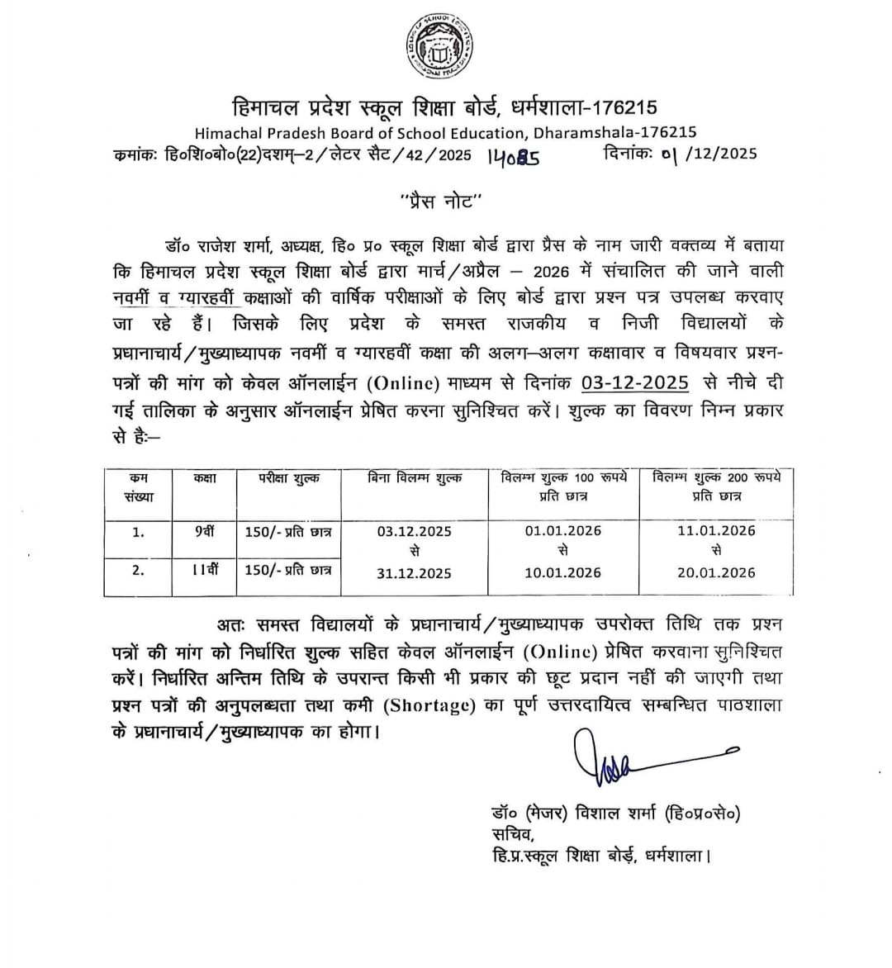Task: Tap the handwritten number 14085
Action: pos(513,155)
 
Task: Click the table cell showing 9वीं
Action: pos(204,532)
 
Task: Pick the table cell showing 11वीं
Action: pos(204,570)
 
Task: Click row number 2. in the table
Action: pos(138,571)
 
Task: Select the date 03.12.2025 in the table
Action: pos(415,531)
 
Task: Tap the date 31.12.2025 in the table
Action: pos(415,573)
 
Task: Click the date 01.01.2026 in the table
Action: pos(563,531)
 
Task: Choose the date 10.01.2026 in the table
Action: pos(563,573)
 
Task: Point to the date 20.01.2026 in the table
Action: pos(716,573)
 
